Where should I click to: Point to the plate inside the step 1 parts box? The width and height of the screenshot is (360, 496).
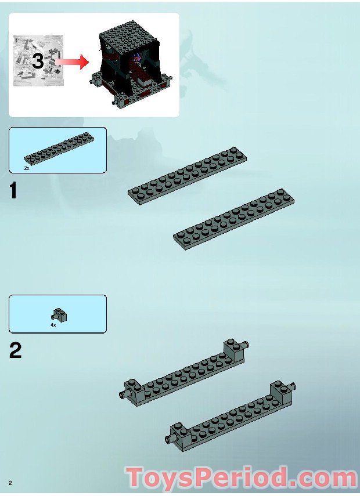pos(57,150)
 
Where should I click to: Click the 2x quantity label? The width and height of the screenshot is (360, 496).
pos(27,168)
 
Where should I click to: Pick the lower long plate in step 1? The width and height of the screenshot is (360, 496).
pos(234,219)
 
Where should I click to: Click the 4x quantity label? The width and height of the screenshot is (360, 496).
pos(53,325)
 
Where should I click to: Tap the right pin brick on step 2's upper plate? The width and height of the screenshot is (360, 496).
pos(234,349)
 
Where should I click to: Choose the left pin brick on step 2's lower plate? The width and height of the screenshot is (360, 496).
pos(178,432)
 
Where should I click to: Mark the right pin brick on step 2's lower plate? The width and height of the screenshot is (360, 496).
pos(280,391)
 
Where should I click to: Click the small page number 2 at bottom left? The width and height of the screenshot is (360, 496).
pos(10,483)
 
